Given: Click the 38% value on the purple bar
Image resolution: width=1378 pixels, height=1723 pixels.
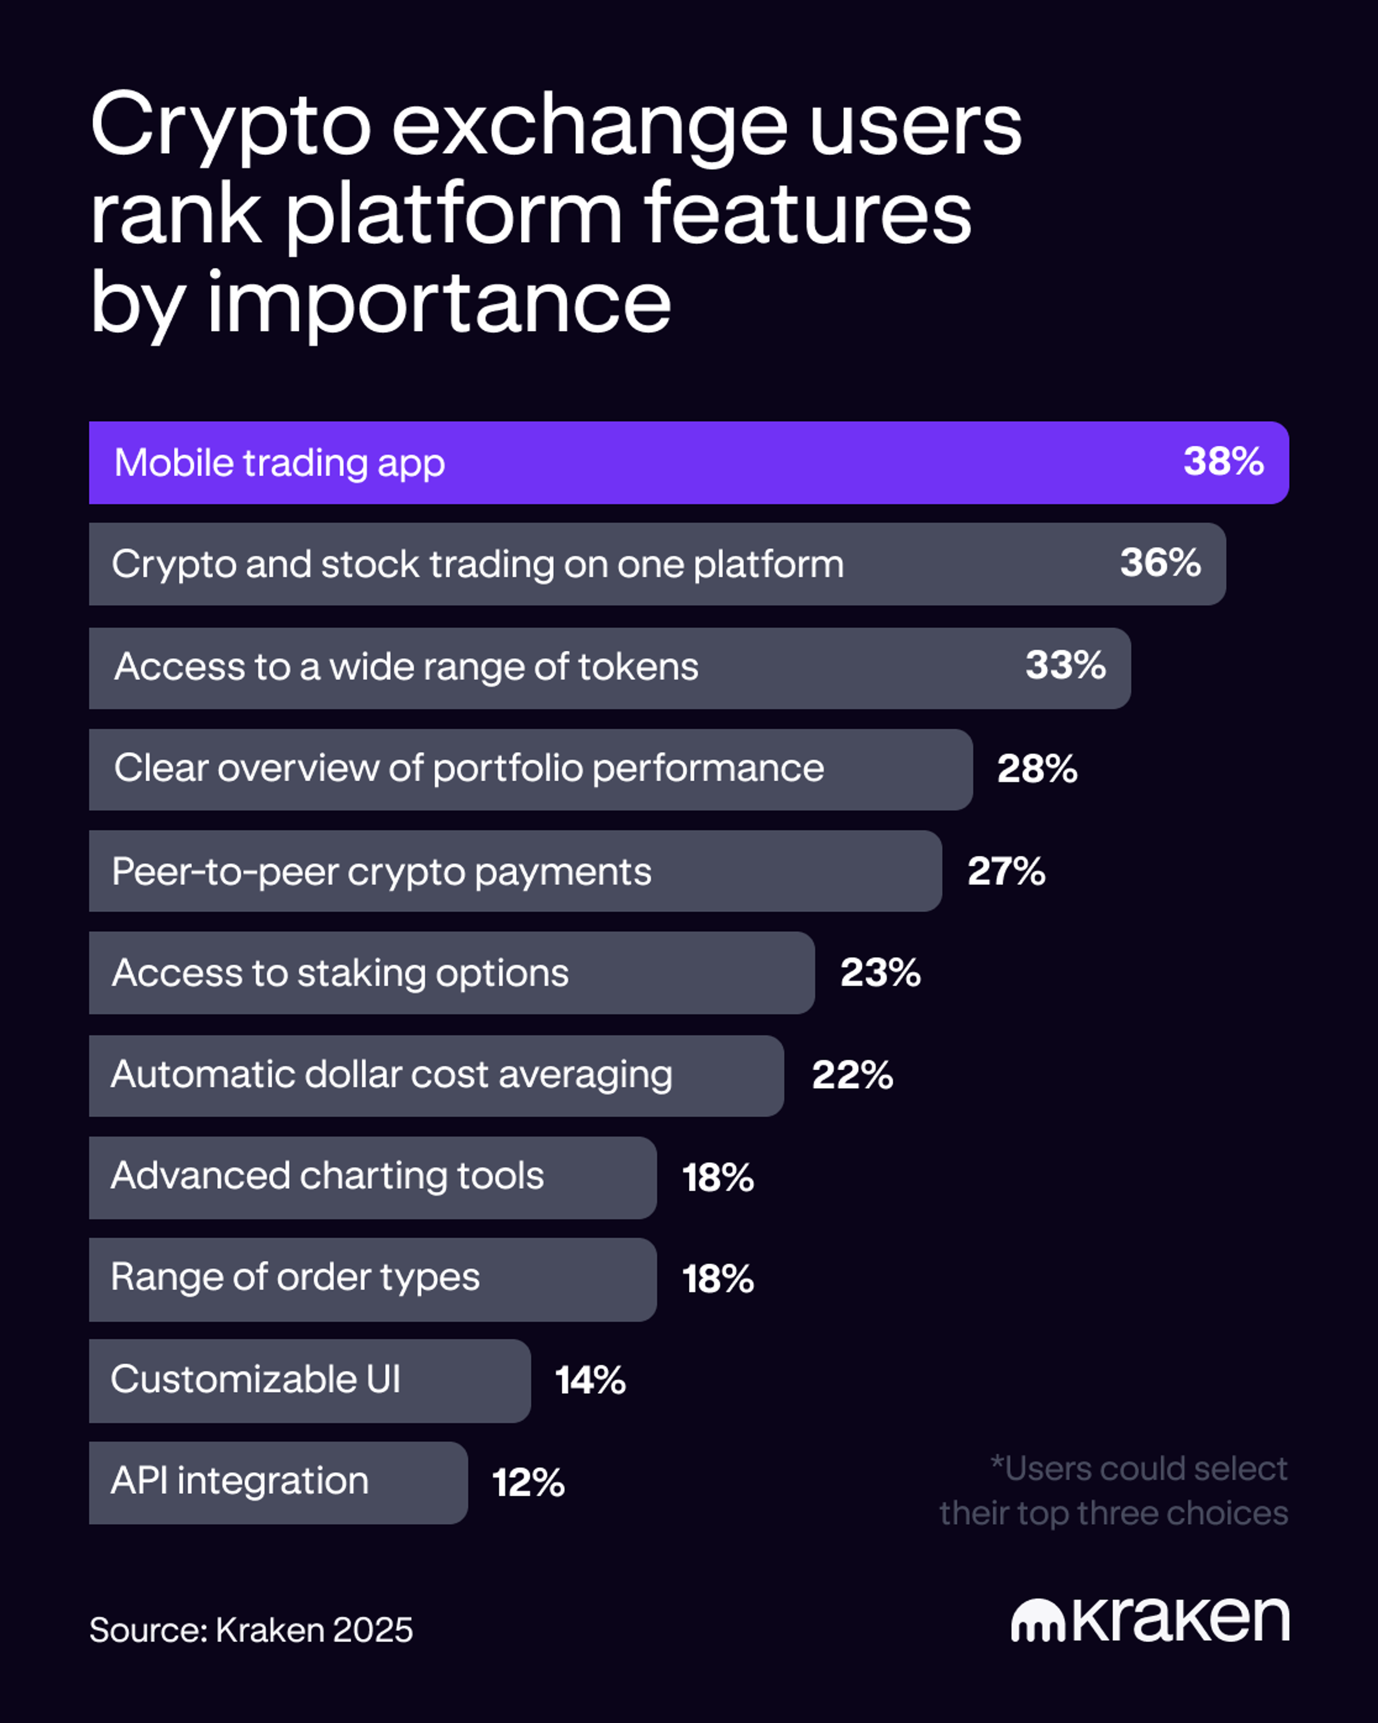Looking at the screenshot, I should point(1223,462).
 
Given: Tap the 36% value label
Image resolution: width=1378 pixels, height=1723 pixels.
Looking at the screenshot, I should point(1160,563).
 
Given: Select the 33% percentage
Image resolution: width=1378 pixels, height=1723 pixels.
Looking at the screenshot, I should point(1065,666).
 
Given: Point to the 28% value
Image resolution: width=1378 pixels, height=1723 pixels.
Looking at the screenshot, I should point(1037,769).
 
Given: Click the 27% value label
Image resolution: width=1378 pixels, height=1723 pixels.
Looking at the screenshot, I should point(1006,871).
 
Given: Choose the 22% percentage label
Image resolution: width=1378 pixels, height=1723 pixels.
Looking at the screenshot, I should point(852,1075).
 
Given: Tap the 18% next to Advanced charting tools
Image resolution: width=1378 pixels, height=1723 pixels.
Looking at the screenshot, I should point(717,1178).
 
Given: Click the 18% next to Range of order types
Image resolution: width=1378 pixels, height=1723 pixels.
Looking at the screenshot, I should point(717,1279).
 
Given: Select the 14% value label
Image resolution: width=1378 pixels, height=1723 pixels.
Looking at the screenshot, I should point(590,1381).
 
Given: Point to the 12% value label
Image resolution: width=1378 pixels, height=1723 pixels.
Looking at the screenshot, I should point(528,1483).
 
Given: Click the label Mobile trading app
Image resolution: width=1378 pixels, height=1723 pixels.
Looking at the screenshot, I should point(279,463).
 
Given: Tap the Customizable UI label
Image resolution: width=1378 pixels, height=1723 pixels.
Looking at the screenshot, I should point(256,1379).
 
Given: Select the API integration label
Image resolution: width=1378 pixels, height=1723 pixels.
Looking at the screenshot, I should point(240,1481).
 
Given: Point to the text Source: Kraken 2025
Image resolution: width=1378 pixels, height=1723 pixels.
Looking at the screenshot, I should point(251,1630).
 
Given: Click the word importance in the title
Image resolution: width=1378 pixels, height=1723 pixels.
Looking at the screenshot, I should point(439,304).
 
